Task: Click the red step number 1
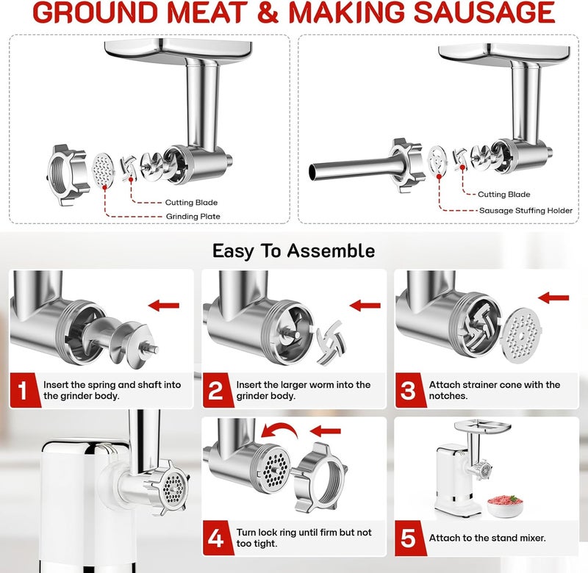pyautogui.click(x=23, y=390)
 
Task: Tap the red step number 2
pyautogui.click(x=216, y=390)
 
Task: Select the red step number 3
pyautogui.click(x=409, y=390)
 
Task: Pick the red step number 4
pyautogui.click(x=216, y=537)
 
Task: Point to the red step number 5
pyautogui.click(x=409, y=537)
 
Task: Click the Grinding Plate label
pyautogui.click(x=192, y=216)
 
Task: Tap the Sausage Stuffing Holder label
pyautogui.click(x=525, y=210)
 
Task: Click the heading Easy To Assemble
pyautogui.click(x=293, y=251)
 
